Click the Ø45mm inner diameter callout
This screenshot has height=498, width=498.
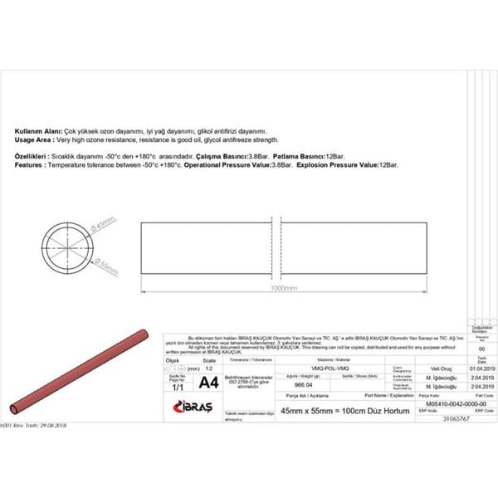(x=105, y=226)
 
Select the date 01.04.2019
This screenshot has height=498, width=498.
(x=481, y=368)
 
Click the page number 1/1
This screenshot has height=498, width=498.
(x=177, y=387)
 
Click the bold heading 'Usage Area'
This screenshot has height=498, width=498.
(x=33, y=140)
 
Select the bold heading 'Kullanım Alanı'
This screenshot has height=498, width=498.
(x=37, y=131)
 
